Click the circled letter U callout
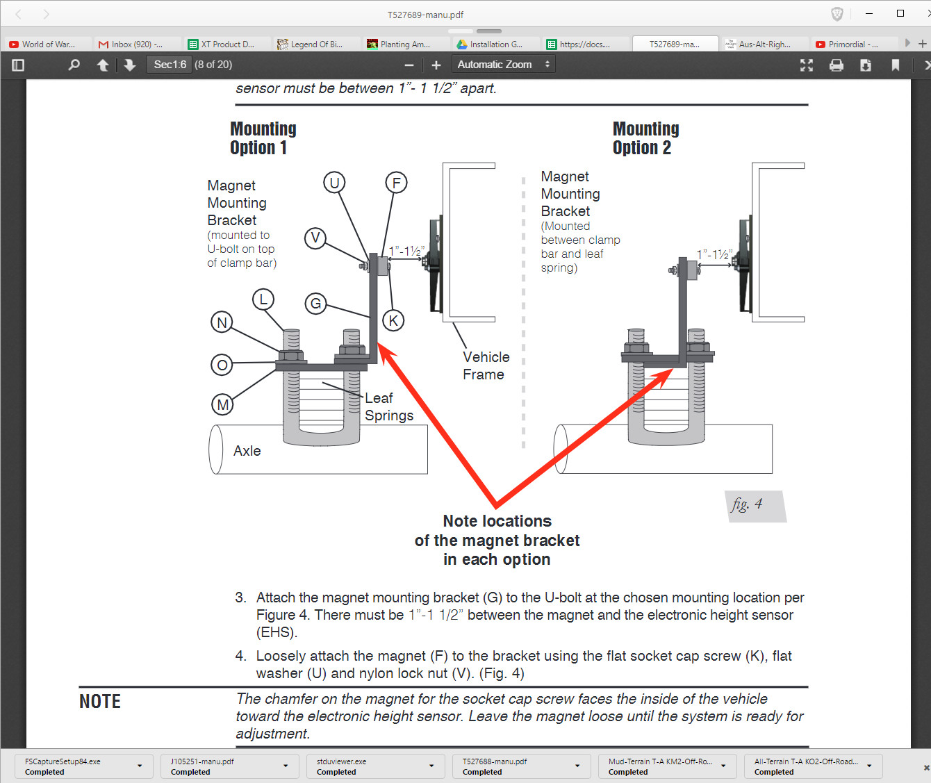(334, 183)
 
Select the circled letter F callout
(396, 183)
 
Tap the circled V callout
(315, 238)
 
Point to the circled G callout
(315, 303)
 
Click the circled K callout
(393, 320)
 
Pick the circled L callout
(263, 300)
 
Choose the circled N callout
(222, 322)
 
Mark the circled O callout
(222, 365)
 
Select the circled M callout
(222, 404)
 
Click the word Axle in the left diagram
(247, 451)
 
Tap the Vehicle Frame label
(486, 365)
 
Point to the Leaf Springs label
(388, 407)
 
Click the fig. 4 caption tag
(748, 504)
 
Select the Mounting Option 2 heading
(645, 138)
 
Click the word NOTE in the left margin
(100, 702)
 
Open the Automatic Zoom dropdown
(503, 65)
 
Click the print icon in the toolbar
(837, 65)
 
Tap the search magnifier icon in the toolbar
(74, 65)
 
